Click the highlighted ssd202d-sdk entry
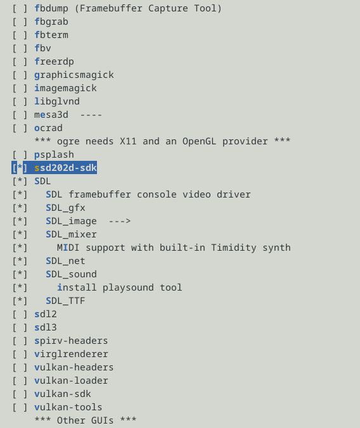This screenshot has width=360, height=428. tap(66, 168)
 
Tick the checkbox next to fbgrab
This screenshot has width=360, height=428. tap(20, 22)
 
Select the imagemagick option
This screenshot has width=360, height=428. tap(65, 88)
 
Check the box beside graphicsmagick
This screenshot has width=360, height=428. tap(20, 75)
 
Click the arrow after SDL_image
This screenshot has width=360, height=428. tap(120, 221)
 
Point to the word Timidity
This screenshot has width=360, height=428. tap(234, 248)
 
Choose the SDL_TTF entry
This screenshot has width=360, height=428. tap(65, 301)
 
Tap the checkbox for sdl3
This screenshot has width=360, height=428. tap(20, 327)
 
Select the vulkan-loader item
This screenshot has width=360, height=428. tap(71, 381)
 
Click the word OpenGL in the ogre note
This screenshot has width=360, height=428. tap(199, 141)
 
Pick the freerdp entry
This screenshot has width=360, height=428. tap(54, 61)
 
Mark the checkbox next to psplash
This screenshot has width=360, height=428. tap(20, 154)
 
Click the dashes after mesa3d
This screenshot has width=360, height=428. tap(91, 115)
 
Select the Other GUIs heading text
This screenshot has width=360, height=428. tap(85, 420)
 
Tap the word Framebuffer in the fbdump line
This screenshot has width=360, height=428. tap(111, 8)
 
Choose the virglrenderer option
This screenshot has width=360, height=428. tap(71, 354)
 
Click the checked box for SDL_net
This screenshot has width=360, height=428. tap(20, 261)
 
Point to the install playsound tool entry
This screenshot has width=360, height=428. tap(119, 287)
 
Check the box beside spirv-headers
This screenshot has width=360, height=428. tap(20, 341)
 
